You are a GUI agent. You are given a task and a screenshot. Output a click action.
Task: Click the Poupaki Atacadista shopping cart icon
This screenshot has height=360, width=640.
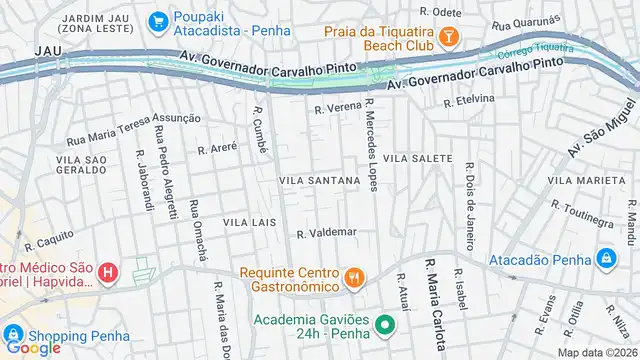[158, 21]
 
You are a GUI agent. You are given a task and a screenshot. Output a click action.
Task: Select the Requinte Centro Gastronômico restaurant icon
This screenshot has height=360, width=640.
[352, 277]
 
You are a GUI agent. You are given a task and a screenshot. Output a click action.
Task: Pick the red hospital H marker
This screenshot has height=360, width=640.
[109, 271]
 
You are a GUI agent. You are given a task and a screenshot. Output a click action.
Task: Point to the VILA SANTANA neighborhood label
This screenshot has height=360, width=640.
[319, 181]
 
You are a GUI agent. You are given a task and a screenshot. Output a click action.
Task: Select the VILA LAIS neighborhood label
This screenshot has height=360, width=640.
[249, 222]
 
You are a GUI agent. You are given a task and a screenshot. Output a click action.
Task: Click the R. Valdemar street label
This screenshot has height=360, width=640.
[326, 233]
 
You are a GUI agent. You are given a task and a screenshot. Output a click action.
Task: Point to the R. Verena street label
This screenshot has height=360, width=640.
[336, 109]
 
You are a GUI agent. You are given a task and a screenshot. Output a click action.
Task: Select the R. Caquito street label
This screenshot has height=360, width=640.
[50, 239]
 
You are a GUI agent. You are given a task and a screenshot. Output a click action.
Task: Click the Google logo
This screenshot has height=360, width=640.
[32, 347]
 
